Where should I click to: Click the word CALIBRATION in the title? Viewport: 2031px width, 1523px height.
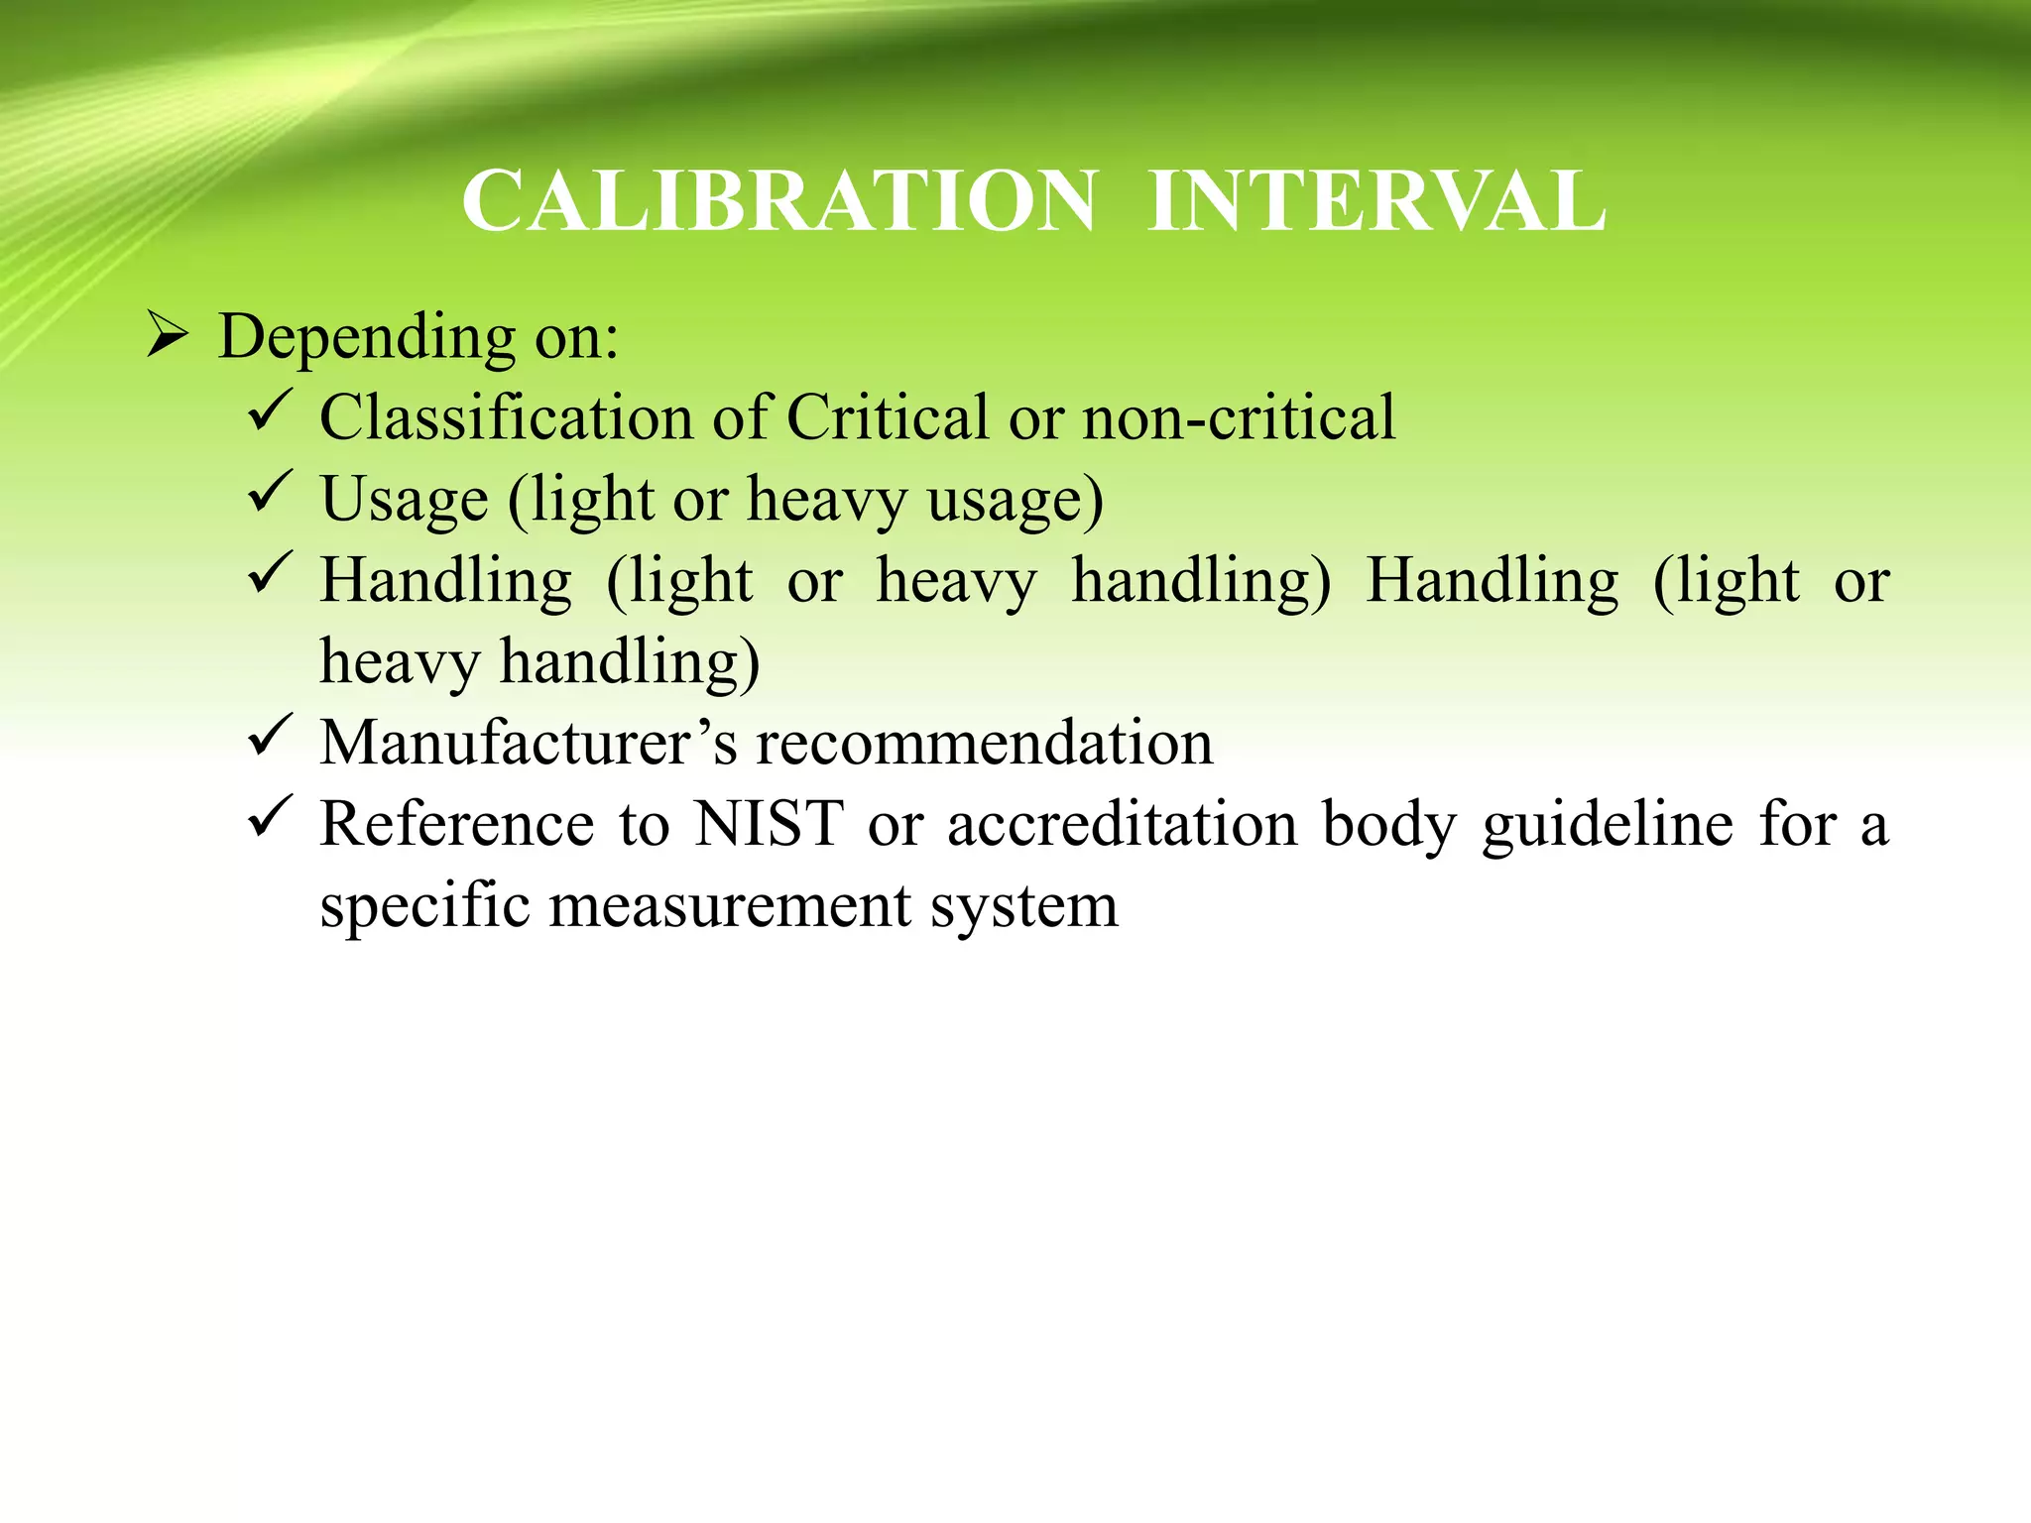pos(779,201)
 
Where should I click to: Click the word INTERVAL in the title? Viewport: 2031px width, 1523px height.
pos(1376,201)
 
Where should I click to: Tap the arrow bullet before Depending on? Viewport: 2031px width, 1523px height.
pos(167,335)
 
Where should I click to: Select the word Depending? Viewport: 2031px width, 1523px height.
pos(367,337)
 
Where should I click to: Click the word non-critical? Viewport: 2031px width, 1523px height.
pos(1239,416)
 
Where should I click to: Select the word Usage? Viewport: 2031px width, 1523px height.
pos(405,499)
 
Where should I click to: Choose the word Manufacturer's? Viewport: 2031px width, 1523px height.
pos(529,743)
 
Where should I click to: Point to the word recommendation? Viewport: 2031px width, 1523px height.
pos(985,743)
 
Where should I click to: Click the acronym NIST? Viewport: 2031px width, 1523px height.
pos(769,824)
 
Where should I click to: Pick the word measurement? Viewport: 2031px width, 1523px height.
pos(729,905)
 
